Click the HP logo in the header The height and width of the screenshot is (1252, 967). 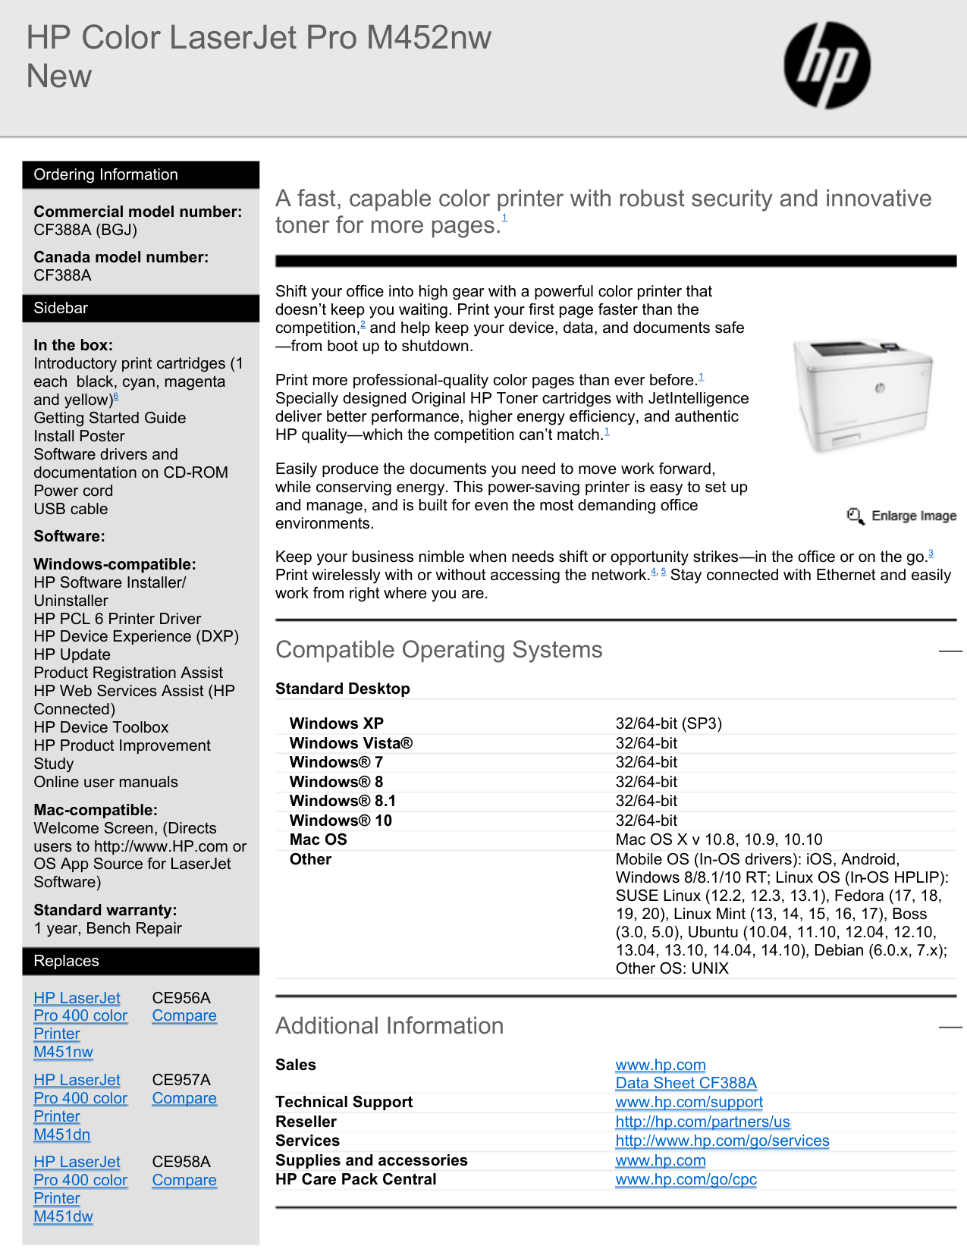827,64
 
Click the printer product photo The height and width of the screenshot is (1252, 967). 862,395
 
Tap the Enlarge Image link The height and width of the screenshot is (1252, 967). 903,516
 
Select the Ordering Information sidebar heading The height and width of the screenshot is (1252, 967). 105,174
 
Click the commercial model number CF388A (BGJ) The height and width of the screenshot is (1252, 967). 85,230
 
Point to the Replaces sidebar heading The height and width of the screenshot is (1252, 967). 66,961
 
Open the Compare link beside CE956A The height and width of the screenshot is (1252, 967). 184,1016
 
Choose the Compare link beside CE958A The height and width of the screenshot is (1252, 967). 184,1181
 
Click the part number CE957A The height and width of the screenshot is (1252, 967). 181,1080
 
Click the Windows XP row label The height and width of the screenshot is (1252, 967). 337,723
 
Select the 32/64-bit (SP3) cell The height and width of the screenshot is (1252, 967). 668,723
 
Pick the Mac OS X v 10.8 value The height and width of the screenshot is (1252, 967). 718,839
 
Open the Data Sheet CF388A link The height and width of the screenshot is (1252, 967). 686,1083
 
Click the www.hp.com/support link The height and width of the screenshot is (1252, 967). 689,1102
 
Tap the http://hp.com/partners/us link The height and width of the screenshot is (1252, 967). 702,1122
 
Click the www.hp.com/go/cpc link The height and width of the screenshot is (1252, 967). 686,1179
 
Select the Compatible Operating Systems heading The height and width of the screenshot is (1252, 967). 438,650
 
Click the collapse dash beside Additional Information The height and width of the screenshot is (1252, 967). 950,1027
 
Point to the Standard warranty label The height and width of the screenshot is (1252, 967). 105,910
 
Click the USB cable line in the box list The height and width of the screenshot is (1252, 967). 71,509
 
